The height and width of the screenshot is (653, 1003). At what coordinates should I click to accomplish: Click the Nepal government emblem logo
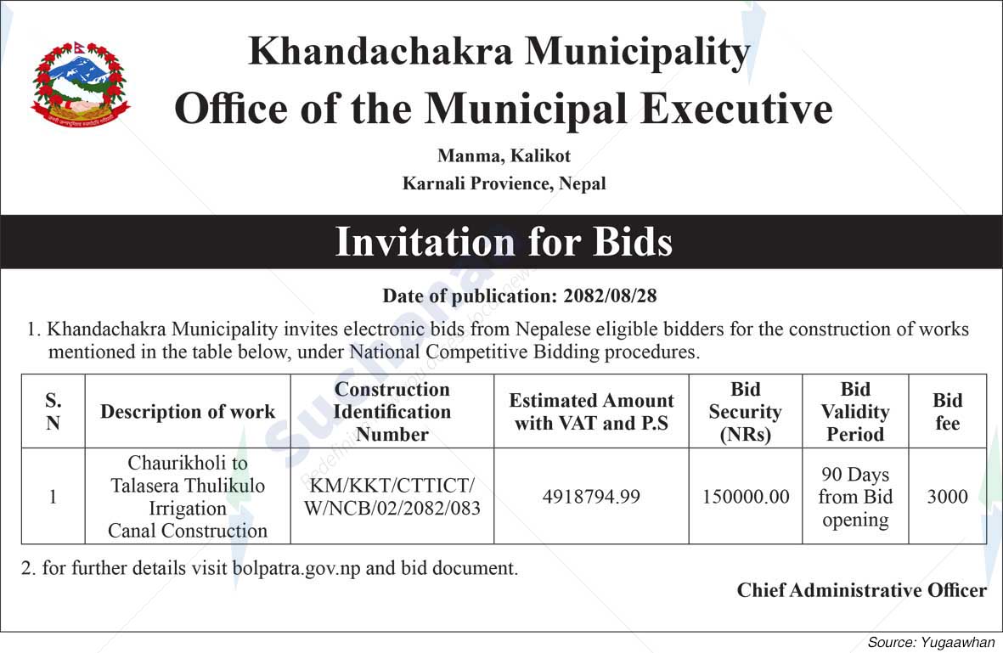80,86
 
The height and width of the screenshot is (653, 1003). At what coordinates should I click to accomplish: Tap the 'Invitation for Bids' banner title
504,242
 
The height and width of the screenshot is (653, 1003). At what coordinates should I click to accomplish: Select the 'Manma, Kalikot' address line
504,156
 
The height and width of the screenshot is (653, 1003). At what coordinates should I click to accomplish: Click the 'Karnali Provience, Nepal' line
504,183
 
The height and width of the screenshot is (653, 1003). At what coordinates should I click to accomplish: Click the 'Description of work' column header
188,412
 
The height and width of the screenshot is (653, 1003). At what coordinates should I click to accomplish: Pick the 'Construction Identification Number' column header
392,412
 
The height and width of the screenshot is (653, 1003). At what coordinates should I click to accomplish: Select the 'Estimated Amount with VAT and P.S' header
591,412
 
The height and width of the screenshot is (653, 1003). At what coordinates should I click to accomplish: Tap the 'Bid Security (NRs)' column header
745,412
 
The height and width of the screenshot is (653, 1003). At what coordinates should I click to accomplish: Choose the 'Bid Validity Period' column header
855,412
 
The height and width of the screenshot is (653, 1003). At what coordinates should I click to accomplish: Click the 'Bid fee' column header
947,412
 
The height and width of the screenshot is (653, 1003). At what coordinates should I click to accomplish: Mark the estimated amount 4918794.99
591,497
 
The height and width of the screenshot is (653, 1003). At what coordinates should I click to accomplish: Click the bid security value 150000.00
746,497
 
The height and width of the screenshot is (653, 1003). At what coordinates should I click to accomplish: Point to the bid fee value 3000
947,497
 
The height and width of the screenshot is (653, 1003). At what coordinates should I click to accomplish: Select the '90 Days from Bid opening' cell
855,497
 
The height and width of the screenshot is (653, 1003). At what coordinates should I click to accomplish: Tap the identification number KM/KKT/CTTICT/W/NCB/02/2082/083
392,497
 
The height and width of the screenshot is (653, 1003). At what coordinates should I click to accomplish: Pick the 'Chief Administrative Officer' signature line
861,590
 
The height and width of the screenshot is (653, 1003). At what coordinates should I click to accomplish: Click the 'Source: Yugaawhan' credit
930,643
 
